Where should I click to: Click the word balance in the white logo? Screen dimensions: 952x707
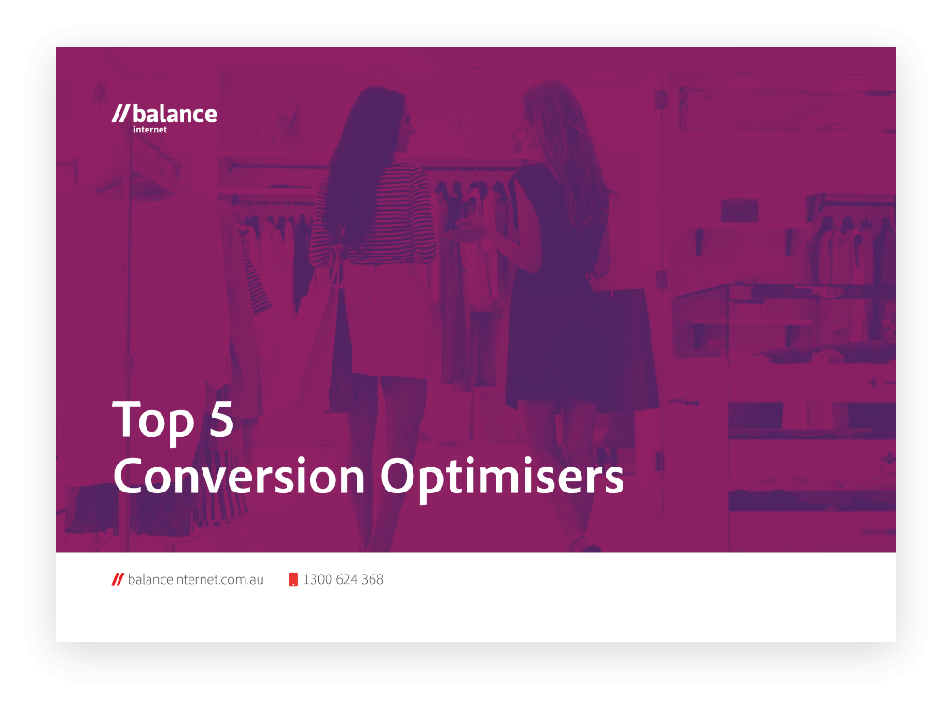175,114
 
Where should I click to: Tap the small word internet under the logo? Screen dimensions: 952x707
150,130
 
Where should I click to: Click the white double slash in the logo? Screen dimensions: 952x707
120,114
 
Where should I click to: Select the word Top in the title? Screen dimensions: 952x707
154,420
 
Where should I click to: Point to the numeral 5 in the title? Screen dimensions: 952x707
221,418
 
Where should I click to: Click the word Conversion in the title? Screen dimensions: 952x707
239,476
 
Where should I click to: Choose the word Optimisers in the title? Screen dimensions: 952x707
502,478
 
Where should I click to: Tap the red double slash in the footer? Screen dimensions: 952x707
118,579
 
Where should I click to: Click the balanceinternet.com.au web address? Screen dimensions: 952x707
195,579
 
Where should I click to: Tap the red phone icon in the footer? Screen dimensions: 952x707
293,579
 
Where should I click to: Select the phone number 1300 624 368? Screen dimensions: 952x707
343,579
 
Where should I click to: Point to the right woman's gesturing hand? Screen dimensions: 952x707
465,231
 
